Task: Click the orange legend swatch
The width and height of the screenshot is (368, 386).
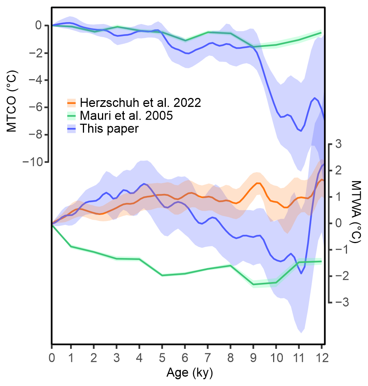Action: [x=72, y=102]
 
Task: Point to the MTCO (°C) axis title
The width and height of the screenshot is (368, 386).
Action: [x=12, y=94]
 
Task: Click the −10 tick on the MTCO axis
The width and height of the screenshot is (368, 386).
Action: [x=36, y=162]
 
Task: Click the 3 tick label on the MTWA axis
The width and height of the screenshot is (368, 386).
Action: [x=338, y=144]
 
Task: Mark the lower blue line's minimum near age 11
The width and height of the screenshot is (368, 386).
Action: [x=301, y=273]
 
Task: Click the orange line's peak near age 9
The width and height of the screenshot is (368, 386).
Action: [x=258, y=183]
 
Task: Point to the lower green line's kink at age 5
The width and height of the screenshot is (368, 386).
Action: [x=162, y=275]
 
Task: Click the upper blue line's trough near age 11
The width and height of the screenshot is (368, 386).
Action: [x=300, y=131]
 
